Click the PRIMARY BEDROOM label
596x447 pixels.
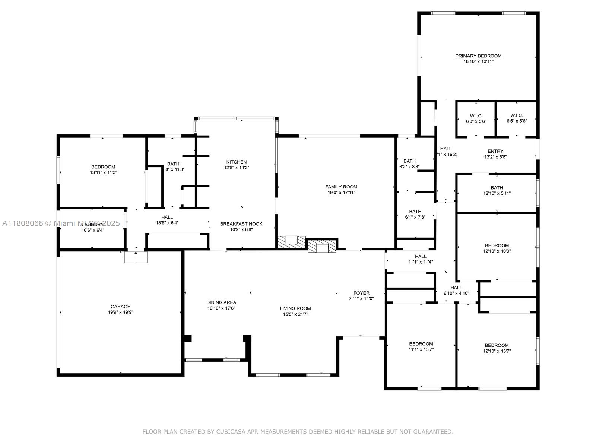(478, 56)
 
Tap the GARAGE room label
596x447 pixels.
(120, 307)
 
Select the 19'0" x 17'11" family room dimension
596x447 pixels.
(341, 193)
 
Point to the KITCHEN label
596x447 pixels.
(237, 162)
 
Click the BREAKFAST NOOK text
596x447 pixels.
(241, 224)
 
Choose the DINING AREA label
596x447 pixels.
(221, 302)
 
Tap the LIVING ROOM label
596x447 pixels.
(295, 308)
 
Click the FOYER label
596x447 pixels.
(361, 293)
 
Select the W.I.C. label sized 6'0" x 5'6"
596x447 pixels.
(476, 115)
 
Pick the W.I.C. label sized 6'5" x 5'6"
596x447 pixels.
(517, 115)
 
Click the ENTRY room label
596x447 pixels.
(495, 151)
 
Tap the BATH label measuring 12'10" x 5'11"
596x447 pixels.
(497, 188)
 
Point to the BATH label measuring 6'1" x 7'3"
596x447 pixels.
(415, 212)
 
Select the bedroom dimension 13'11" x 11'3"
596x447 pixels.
(104, 172)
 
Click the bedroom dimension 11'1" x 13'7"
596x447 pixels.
(421, 349)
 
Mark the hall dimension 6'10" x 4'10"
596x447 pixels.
(456, 293)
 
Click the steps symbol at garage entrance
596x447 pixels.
(136, 257)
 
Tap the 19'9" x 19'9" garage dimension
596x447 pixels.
(120, 312)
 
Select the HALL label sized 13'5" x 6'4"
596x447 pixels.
(167, 217)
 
